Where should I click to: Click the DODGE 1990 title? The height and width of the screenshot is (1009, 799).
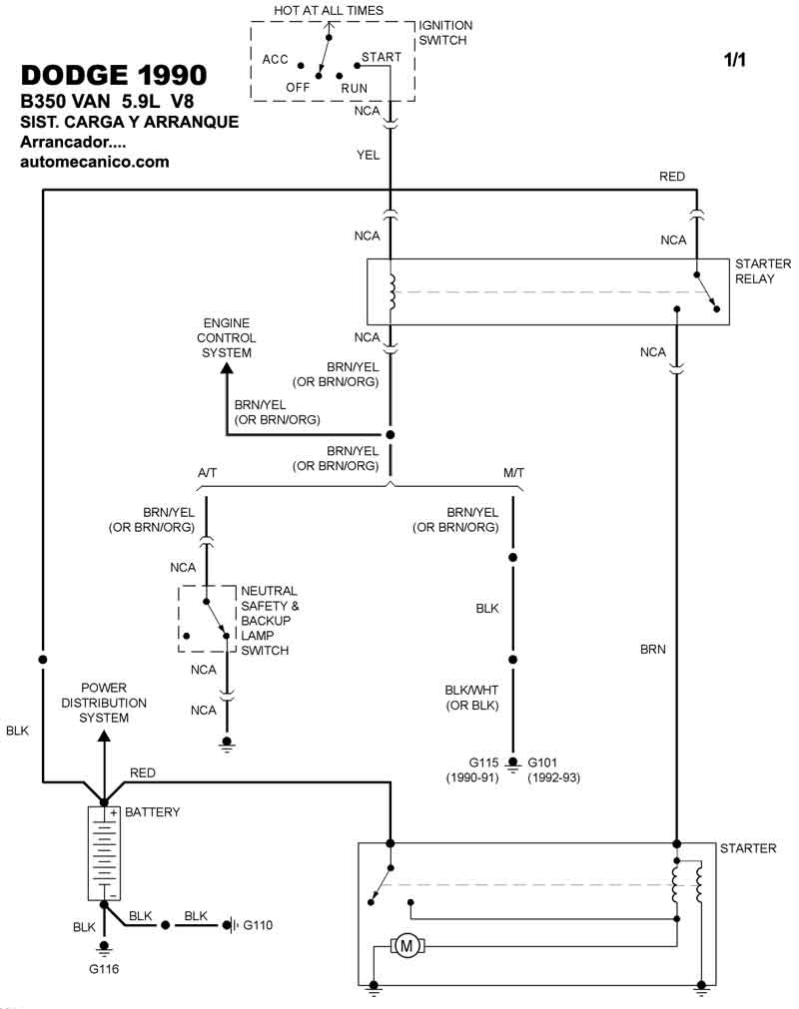pyautogui.click(x=114, y=76)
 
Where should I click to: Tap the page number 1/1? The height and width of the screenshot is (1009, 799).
pyautogui.click(x=735, y=60)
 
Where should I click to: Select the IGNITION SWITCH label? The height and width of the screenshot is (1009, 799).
pyautogui.click(x=445, y=33)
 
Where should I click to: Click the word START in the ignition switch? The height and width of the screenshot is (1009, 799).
pyautogui.click(x=382, y=57)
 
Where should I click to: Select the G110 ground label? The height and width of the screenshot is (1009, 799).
pyautogui.click(x=258, y=925)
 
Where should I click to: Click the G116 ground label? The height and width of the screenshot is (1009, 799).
pyautogui.click(x=103, y=967)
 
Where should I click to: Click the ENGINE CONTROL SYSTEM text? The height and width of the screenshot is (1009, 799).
pyautogui.click(x=228, y=338)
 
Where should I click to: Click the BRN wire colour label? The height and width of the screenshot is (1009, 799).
pyautogui.click(x=653, y=649)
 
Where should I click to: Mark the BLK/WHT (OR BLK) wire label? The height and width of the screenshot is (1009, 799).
pyautogui.click(x=471, y=698)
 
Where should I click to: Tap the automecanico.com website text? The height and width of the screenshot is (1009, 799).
pyautogui.click(x=95, y=162)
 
